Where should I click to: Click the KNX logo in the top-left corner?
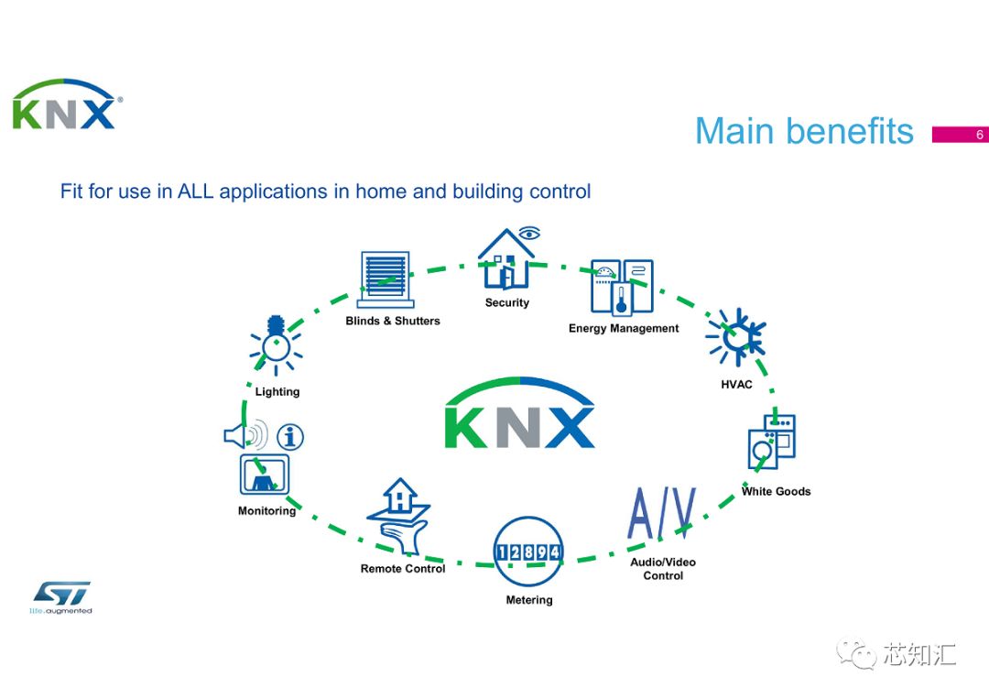pos(64,105)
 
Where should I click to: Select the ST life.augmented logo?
pos(62,596)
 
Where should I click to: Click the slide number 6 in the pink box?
pos(979,135)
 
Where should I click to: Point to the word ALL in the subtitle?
pos(196,191)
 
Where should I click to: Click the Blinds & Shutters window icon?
pos(385,279)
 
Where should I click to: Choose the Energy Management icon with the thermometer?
pos(622,288)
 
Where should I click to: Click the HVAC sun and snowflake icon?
pos(734,337)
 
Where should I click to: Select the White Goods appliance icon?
pos(772,443)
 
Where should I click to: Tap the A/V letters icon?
pos(662,514)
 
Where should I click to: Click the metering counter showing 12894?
pos(528,552)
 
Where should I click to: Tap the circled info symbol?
pos(290,437)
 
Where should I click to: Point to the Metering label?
pos(529,600)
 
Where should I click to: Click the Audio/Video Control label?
pos(663,569)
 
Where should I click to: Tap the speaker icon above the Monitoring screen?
pos(245,434)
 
